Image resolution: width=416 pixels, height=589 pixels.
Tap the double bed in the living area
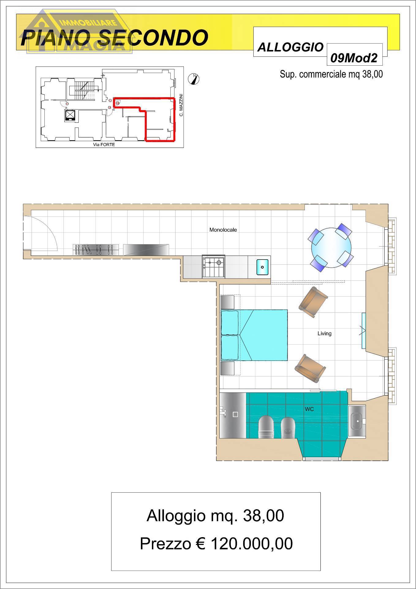coord(254,335)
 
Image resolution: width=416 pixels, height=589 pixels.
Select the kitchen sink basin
coord(262,267)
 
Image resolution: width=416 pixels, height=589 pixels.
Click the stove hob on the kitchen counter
coord(214,266)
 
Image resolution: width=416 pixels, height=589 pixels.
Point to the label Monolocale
coord(223,230)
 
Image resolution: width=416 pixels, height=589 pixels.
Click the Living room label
coord(324,333)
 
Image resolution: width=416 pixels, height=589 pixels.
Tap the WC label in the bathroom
coord(309,409)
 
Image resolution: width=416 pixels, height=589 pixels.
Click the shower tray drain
coord(235,414)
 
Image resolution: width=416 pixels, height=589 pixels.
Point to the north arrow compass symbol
coord(194,79)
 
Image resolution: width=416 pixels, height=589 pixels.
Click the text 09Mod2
coord(354,58)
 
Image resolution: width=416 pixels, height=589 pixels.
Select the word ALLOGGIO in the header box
coord(290,47)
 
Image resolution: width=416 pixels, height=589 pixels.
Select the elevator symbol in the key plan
coord(70,115)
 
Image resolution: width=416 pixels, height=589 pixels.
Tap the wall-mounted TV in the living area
coord(364,331)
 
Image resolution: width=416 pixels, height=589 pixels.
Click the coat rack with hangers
coord(96,249)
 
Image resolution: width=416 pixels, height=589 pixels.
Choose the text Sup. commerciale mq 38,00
coord(331,74)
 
